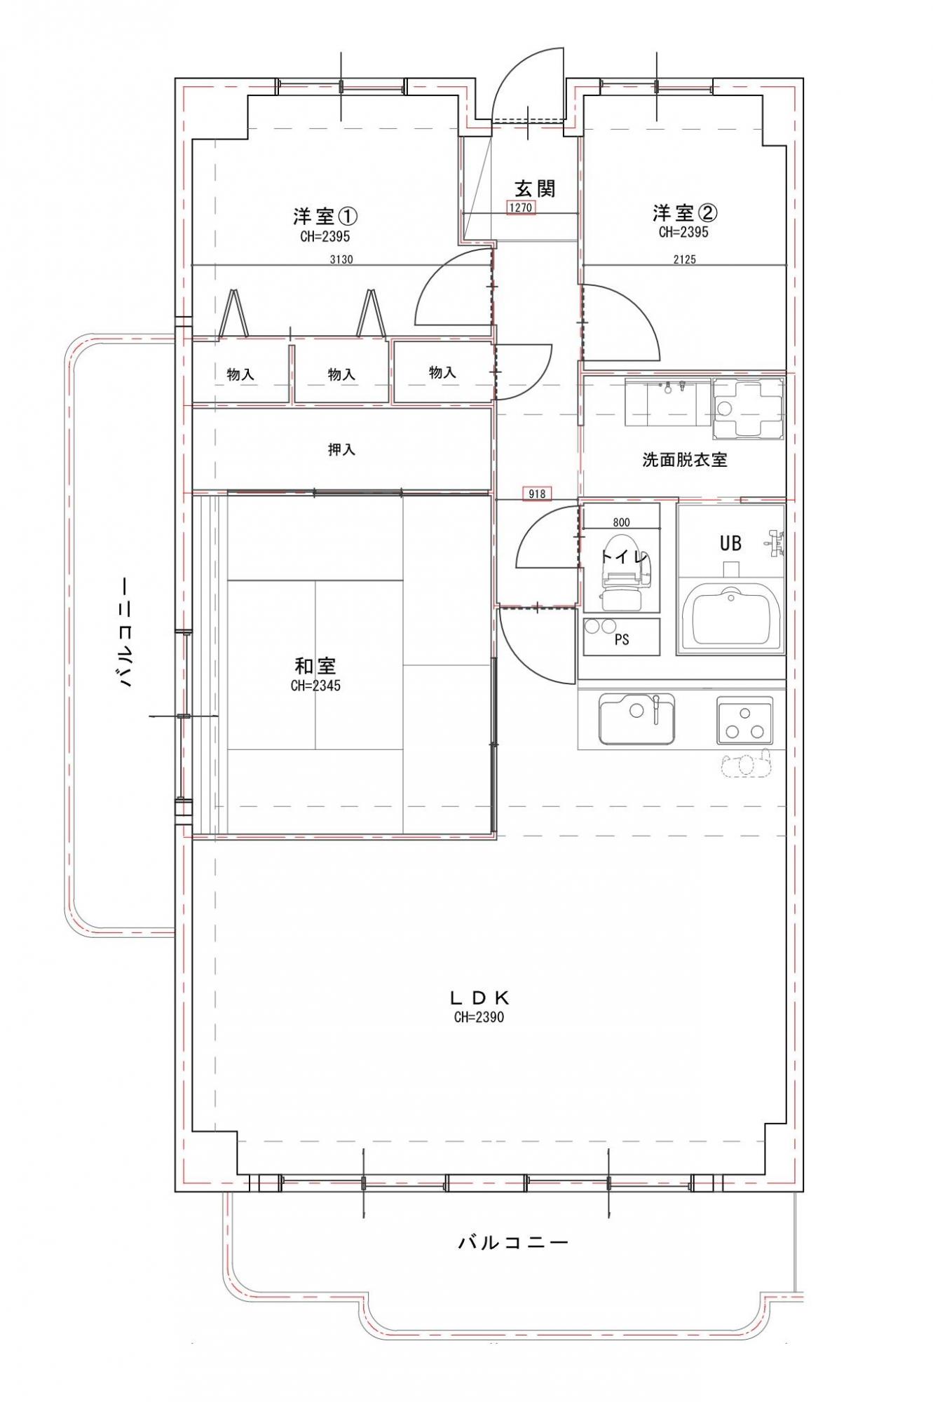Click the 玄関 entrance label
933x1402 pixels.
click(x=535, y=189)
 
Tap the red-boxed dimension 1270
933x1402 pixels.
click(x=522, y=207)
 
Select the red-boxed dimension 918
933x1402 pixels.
click(x=537, y=494)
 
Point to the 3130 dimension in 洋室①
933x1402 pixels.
click(x=341, y=259)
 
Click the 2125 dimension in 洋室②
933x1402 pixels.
click(x=684, y=259)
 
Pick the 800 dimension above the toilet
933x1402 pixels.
click(x=621, y=522)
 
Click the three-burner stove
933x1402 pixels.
click(x=744, y=720)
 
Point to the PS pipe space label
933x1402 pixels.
click(x=621, y=639)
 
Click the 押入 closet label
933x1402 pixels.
click(x=341, y=449)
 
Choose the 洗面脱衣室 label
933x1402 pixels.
click(x=685, y=460)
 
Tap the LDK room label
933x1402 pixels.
click(x=479, y=998)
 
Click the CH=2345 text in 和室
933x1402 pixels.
click(x=315, y=686)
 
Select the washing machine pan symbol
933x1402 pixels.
click(x=747, y=409)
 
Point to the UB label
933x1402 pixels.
click(x=730, y=543)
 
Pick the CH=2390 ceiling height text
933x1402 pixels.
click(x=479, y=1017)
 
